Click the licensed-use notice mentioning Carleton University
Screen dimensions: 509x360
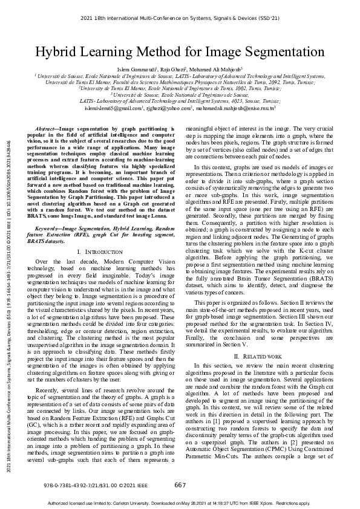pos(180,503)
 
